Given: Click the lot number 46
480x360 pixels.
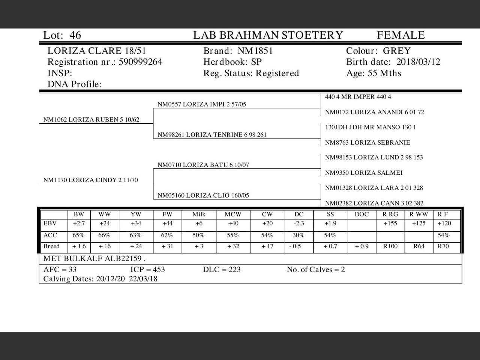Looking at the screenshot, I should pos(75,35).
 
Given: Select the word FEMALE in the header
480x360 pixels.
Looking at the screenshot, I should pos(400,35).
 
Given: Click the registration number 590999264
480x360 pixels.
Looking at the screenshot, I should pos(141,62).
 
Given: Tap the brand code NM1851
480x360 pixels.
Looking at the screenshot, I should pos(255,51).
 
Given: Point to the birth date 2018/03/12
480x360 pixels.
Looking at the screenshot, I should pos(418,62).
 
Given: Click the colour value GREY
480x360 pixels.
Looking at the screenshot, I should pos(396,51).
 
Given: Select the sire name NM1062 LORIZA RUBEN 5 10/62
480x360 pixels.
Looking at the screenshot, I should pos(91,120).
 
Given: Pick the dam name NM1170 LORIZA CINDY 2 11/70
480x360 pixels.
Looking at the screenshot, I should pos(90,180).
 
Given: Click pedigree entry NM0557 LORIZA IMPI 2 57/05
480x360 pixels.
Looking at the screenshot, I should pos(202,105).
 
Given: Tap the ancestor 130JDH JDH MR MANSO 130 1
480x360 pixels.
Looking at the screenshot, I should pos(370,127).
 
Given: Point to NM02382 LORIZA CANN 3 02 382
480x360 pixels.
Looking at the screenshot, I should pos(374,203).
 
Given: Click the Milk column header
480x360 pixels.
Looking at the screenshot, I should pos(199,214).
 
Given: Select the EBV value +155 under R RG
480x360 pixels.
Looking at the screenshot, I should pos(390,223).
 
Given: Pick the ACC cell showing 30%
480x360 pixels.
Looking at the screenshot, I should pos(298,235).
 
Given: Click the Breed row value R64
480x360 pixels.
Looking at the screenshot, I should pos(418,246).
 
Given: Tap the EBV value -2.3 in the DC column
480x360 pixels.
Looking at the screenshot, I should pos(298,223).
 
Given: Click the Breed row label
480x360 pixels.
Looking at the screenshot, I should pos(51,246).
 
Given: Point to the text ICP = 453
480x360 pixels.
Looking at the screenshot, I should pos(147,270).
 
